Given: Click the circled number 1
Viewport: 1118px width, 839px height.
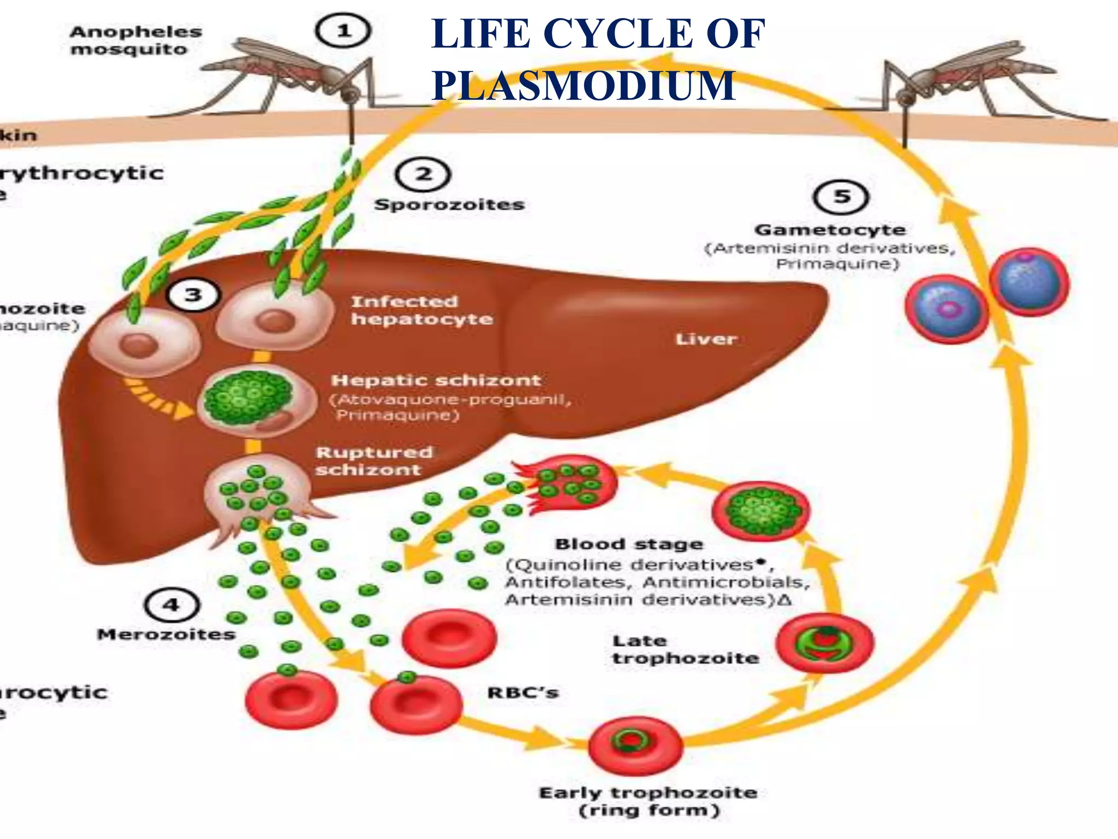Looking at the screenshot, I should coord(343,31).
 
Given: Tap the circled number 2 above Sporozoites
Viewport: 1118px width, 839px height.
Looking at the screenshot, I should coord(423,175).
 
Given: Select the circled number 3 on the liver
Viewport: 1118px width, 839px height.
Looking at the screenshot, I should coord(193,296).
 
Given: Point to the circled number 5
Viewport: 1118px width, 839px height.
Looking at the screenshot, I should coord(841,197).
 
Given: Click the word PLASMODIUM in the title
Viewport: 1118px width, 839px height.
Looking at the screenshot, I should coord(583,86).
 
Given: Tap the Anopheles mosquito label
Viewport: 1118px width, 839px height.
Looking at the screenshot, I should coord(135,40).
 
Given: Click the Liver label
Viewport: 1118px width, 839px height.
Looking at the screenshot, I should coord(706,339).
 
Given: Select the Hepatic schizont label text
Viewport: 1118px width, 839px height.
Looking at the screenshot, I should coord(436,380).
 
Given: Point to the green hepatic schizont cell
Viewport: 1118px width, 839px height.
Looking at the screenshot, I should coord(249,398).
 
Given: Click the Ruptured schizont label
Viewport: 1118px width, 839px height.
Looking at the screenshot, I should coord(374,460).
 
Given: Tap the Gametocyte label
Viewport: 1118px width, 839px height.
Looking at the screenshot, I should coord(830,230).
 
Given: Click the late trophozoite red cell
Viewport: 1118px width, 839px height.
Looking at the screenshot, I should coord(824,643).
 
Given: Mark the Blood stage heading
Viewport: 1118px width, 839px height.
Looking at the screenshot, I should coord(629,544).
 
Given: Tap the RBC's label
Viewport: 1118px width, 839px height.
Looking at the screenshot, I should coord(522,693).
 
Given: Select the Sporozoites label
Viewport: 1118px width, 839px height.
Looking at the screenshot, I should coord(449,205).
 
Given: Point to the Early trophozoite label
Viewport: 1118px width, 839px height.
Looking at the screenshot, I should coord(648,793).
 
